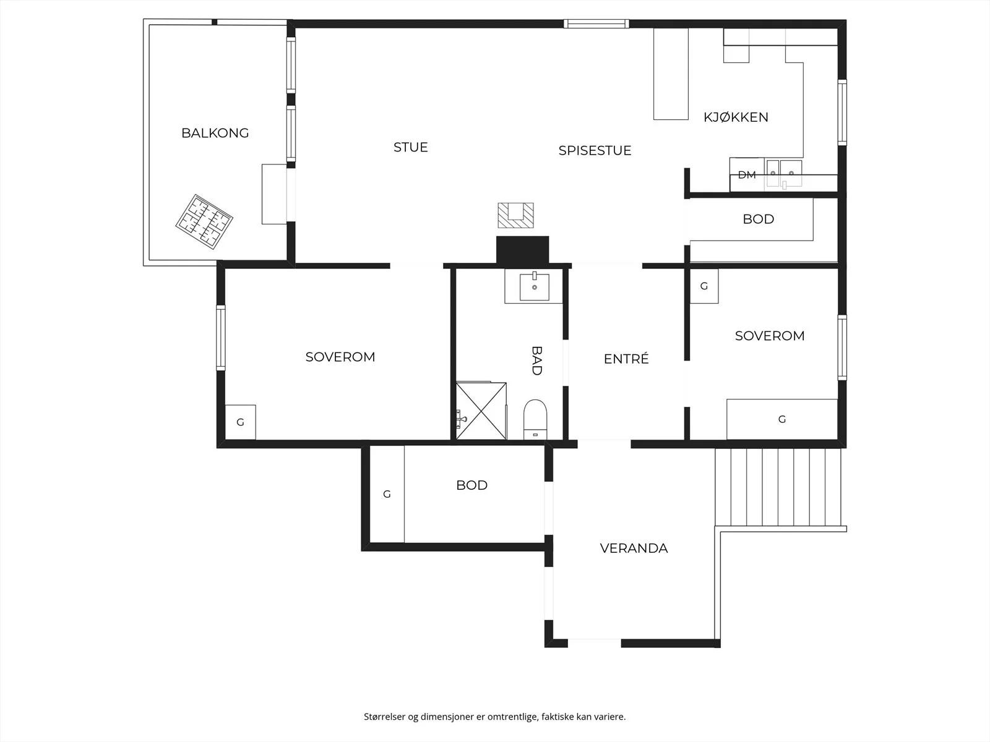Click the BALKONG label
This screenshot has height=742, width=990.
point(215,133)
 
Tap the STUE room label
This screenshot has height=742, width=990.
point(410,147)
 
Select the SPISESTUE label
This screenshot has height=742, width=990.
point(595,150)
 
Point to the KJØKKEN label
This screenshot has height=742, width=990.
point(736,117)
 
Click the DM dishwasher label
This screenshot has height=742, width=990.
point(747,175)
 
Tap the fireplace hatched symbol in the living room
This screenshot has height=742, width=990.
point(515,215)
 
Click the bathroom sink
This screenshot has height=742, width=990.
point(534,287)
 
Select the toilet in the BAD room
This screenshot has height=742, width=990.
point(535,419)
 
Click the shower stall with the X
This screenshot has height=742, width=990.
point(481,411)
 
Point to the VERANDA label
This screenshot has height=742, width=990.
point(634,548)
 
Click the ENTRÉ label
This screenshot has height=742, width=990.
point(626,359)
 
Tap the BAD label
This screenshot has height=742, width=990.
point(536,360)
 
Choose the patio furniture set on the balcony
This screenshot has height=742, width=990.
point(204,221)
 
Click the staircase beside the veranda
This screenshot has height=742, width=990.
point(778,487)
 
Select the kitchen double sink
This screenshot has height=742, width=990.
point(784,173)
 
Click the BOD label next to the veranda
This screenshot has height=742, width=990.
point(471,485)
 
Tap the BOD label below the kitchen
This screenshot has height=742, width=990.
point(758,219)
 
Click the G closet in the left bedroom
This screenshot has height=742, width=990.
point(241,422)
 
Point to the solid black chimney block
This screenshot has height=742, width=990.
point(522,250)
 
